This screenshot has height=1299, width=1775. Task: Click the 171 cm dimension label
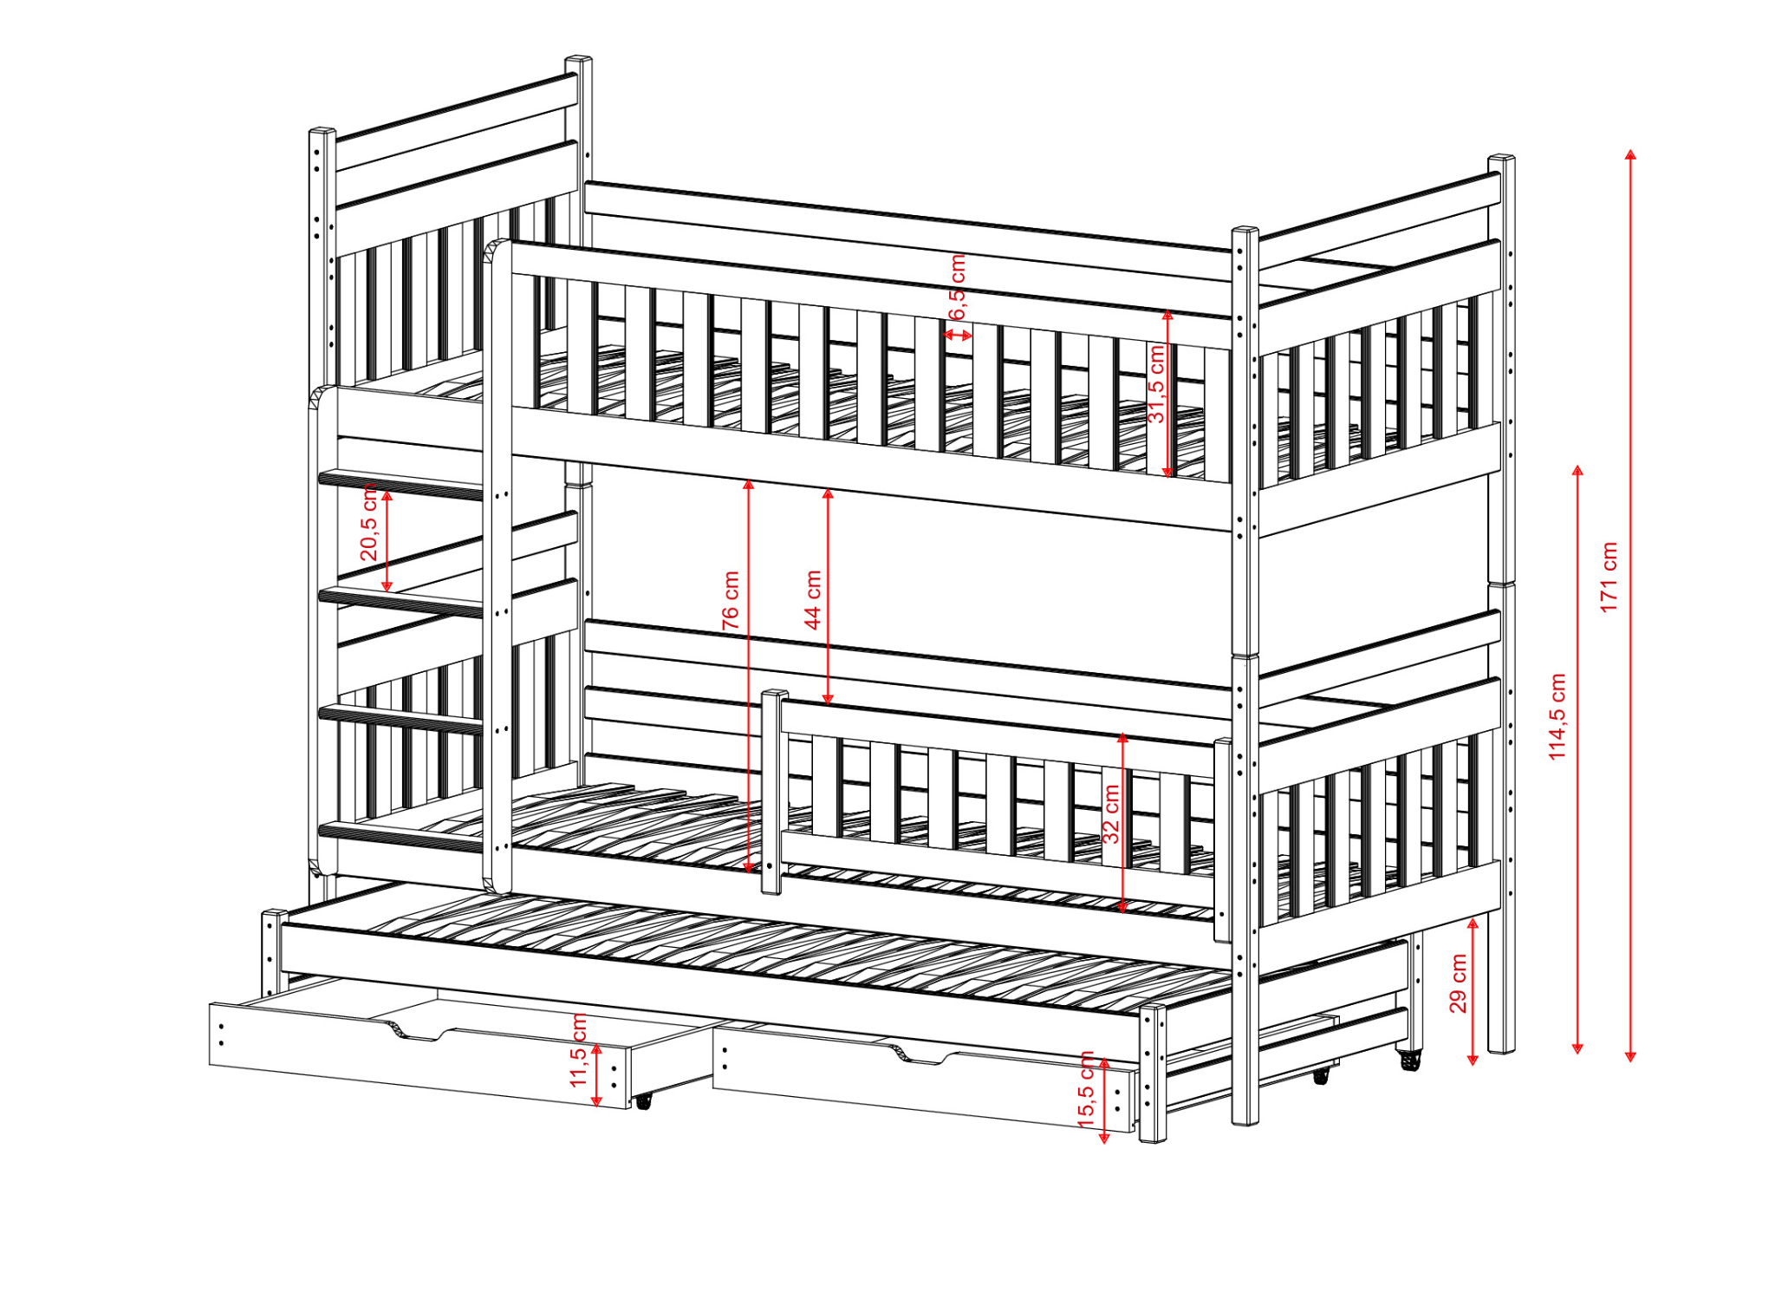point(1609,578)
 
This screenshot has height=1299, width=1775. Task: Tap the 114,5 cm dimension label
point(1557,717)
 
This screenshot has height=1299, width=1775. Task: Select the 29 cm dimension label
point(1458,983)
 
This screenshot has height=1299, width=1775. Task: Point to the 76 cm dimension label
point(731,600)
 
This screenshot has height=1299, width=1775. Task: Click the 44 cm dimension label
point(812,600)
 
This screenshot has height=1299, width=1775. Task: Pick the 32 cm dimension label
point(1110,814)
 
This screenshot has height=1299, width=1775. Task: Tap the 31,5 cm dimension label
point(1156,383)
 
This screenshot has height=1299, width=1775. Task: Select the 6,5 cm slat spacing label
point(957,287)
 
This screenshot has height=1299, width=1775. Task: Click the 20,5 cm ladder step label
point(368,524)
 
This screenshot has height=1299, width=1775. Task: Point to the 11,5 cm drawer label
point(578,1050)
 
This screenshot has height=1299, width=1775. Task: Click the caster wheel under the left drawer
point(643,1101)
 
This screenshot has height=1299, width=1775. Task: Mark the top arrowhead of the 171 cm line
point(1630,154)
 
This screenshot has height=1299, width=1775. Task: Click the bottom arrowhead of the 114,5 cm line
point(1577,1048)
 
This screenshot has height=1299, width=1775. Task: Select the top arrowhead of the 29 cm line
point(1473,924)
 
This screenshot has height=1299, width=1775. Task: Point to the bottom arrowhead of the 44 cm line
point(828,699)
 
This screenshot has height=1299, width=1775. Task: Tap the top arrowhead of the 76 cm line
point(749,485)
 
